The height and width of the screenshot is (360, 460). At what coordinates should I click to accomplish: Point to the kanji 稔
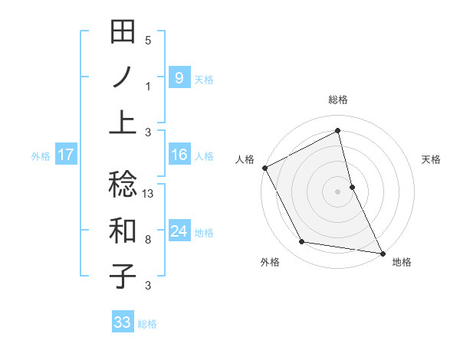coord(123,184)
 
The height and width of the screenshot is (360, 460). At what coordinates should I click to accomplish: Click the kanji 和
coord(123,230)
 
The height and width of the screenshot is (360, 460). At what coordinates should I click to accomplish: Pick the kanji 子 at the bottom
coord(123,275)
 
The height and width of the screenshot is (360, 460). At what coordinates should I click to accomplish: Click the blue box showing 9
coord(179,77)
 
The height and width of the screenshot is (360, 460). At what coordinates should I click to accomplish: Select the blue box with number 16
coord(179,155)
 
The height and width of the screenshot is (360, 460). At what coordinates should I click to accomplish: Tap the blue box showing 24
coord(179,231)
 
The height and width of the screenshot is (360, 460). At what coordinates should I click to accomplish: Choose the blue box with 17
coord(65,155)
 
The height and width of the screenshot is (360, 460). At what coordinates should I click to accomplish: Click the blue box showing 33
coord(123,322)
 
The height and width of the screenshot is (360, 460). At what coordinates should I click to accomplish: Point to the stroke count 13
coord(148,193)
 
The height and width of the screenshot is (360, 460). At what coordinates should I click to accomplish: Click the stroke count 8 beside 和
coord(148,240)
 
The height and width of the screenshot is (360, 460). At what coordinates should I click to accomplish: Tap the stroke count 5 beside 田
coord(148,41)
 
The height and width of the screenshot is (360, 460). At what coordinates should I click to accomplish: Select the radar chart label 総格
coord(338,100)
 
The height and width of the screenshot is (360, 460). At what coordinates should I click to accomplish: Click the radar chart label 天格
coord(432,159)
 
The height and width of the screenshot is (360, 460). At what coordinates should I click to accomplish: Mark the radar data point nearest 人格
coord(265,167)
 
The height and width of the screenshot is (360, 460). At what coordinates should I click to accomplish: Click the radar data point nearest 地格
coord(382,253)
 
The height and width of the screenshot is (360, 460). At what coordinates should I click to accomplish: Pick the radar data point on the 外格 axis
coord(302,242)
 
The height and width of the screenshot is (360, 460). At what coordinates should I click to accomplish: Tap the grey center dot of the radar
coord(338,191)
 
